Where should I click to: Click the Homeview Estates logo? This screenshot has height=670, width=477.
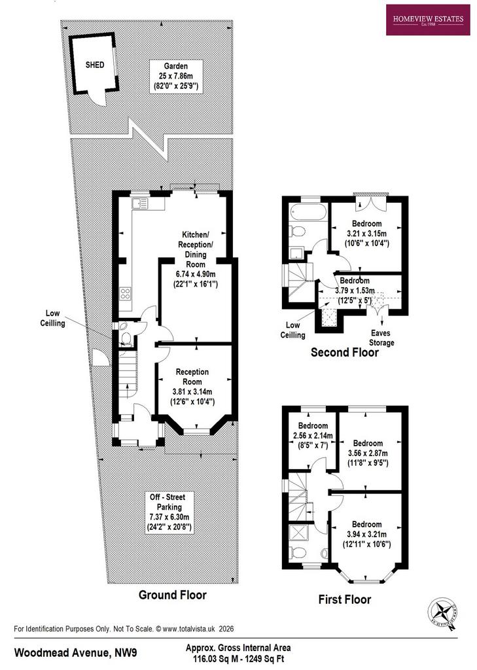[x=428, y=20]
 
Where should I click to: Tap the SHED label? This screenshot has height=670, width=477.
[x=94, y=65]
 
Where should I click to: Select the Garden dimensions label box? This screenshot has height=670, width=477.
[x=176, y=76]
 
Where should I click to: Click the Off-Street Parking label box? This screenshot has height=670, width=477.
[x=169, y=512]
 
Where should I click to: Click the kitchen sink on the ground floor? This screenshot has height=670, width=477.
[x=140, y=204]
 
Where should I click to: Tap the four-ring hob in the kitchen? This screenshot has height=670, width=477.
[x=125, y=293]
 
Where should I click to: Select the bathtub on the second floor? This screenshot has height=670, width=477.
[x=308, y=212]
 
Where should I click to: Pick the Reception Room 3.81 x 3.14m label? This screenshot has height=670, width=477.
[x=192, y=387]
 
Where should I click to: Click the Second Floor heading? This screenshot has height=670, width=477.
[x=344, y=352]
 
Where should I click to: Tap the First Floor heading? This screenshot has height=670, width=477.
[x=344, y=599]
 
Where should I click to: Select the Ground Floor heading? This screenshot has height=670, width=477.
[x=172, y=595]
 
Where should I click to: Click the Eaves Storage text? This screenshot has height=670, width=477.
[x=381, y=338]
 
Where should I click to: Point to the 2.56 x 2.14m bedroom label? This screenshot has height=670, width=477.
[x=313, y=435]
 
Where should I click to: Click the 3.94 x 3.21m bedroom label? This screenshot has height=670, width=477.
[x=366, y=534]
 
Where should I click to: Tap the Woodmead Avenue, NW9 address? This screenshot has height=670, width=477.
[x=76, y=652]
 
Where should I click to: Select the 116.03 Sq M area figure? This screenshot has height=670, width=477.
[x=212, y=659]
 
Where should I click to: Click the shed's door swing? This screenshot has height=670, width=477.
[x=100, y=98]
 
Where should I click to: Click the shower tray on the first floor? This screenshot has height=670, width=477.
[x=298, y=533]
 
